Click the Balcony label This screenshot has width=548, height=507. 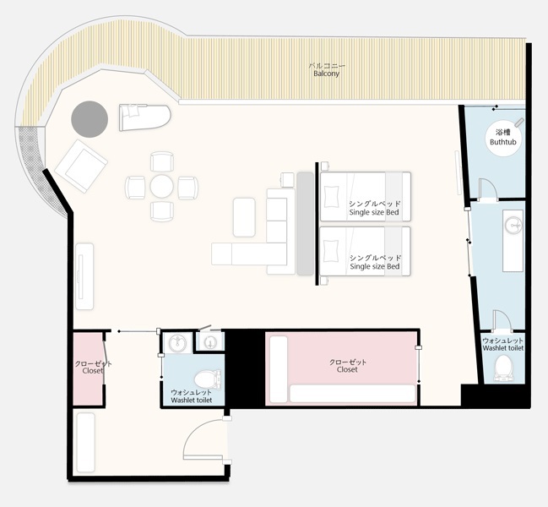(x=327, y=74)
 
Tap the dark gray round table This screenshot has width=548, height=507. (x=90, y=119)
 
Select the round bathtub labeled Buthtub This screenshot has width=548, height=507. (x=503, y=138)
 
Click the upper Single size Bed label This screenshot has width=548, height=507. (x=374, y=212)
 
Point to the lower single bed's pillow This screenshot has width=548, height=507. (x=332, y=250)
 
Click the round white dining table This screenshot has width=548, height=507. (x=162, y=186)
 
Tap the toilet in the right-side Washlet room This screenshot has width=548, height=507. (x=503, y=368)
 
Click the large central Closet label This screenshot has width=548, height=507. (x=347, y=369)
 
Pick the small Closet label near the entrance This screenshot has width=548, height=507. (x=93, y=371)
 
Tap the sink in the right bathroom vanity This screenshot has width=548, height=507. (x=513, y=225)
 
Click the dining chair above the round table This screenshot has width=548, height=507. (x=162, y=161)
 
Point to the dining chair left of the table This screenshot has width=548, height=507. (x=135, y=188)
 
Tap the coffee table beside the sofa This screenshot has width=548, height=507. (x=244, y=217)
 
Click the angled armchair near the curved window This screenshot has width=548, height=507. (x=82, y=166)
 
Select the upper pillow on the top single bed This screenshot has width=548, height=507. (x=332, y=197)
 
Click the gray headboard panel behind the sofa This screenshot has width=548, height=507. (x=305, y=223)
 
